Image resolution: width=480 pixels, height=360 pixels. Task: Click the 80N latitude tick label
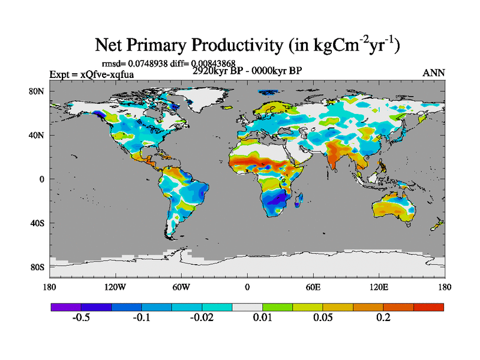click(38, 91)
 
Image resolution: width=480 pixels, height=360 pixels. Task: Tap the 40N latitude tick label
click(38, 135)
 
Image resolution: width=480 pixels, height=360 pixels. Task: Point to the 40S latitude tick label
click(38, 223)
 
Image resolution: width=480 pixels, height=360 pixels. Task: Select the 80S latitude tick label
click(38, 267)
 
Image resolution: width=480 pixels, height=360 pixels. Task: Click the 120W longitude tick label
click(115, 287)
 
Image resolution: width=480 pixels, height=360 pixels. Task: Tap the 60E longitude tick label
click(313, 287)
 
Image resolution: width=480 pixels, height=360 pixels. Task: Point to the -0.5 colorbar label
click(81, 318)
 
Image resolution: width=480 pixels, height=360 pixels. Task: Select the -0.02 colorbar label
click(202, 318)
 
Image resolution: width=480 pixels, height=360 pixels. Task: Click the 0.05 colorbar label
click(323, 318)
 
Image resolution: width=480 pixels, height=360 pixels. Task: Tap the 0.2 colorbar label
click(383, 318)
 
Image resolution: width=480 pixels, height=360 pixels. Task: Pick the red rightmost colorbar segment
click(428, 307)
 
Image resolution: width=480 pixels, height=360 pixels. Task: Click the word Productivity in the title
click(225, 45)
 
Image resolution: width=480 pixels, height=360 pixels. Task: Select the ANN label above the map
click(434, 73)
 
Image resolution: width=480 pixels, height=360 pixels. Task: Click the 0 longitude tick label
click(247, 287)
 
